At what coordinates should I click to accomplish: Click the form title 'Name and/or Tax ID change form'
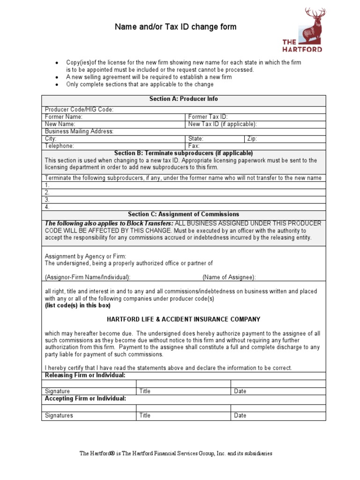[x=176, y=27]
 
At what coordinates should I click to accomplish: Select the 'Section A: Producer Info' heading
[x=183, y=99]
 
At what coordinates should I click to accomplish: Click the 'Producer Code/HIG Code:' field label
[x=79, y=110]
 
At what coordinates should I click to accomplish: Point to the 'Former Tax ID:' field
[x=208, y=117]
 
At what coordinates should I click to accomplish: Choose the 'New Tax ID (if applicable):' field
[x=222, y=124]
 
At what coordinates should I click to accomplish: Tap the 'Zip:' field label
[x=252, y=139]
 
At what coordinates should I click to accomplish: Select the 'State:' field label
[x=195, y=139]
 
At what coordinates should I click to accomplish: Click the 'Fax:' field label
[x=194, y=146]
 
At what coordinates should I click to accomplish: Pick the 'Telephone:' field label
[x=59, y=146]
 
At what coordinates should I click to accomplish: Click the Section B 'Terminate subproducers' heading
[x=183, y=153]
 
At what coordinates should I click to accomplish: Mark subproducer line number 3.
[x=47, y=200]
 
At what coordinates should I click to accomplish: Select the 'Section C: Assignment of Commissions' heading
[x=183, y=214]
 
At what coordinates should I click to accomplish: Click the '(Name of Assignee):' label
[x=229, y=277]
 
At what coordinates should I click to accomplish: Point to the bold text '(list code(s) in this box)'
[x=77, y=306]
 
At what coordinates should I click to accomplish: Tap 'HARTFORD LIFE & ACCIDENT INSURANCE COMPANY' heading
[x=183, y=320]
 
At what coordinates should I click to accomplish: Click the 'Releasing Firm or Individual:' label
[x=85, y=376]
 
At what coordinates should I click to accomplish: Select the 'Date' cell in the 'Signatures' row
[x=240, y=416]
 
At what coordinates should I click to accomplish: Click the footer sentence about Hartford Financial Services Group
[x=176, y=454]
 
